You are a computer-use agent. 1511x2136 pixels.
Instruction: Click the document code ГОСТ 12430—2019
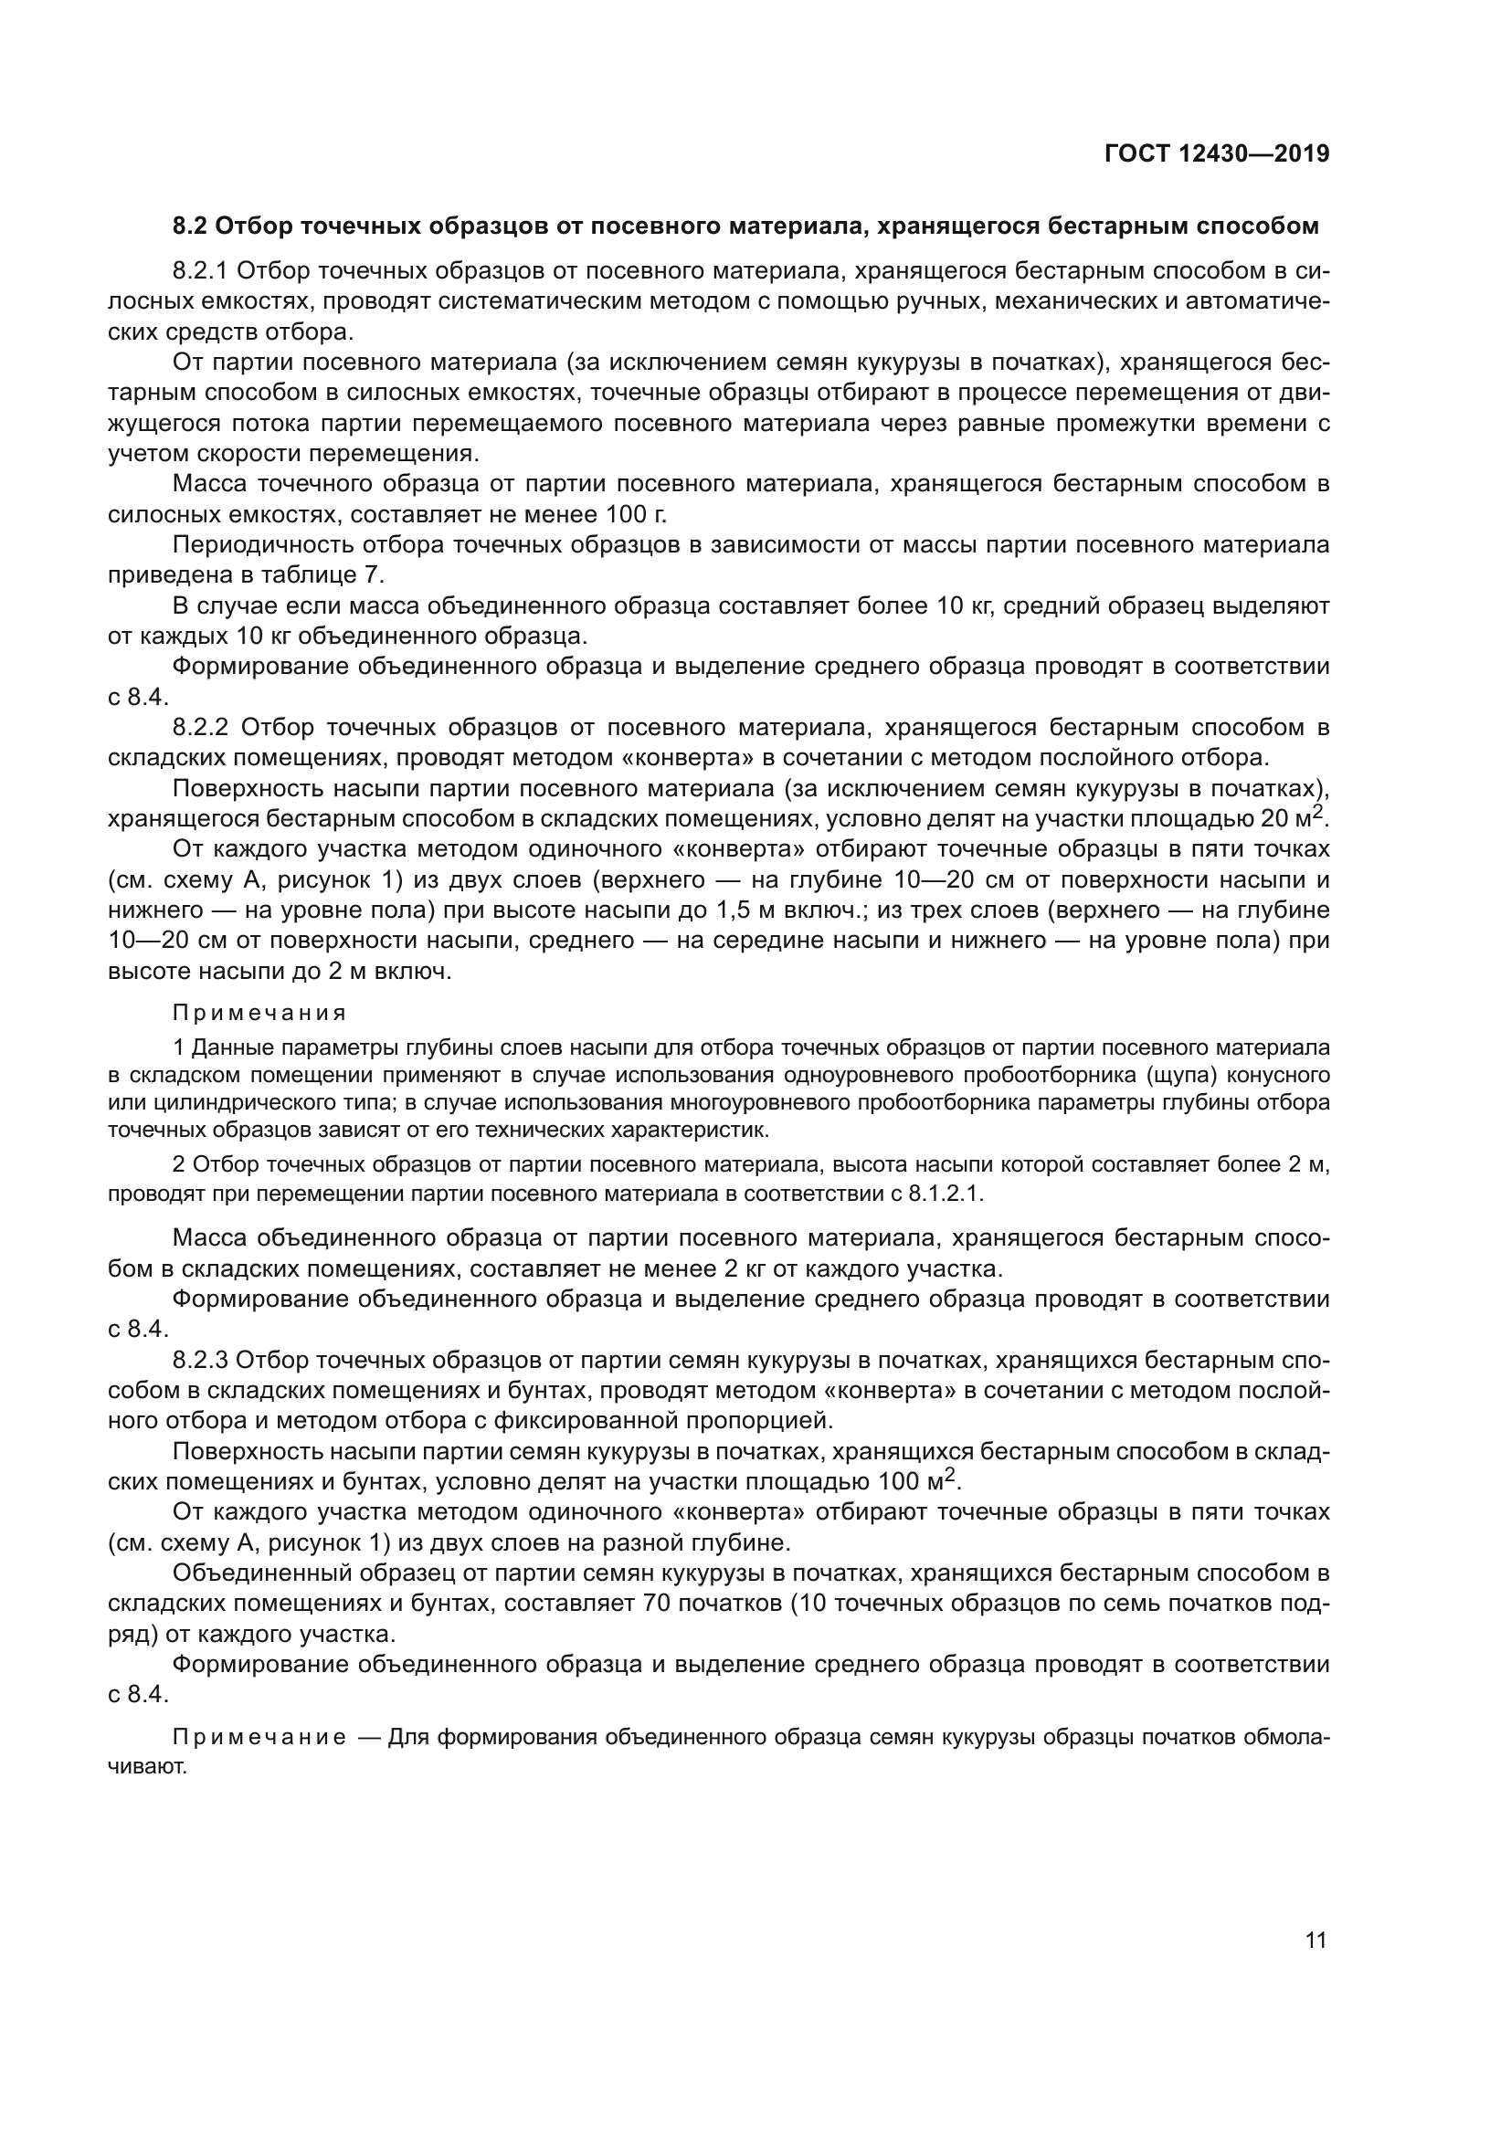pos(1216,153)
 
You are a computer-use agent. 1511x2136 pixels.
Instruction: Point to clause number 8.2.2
pos(202,727)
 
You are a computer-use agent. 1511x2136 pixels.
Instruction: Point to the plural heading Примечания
pos(259,1012)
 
